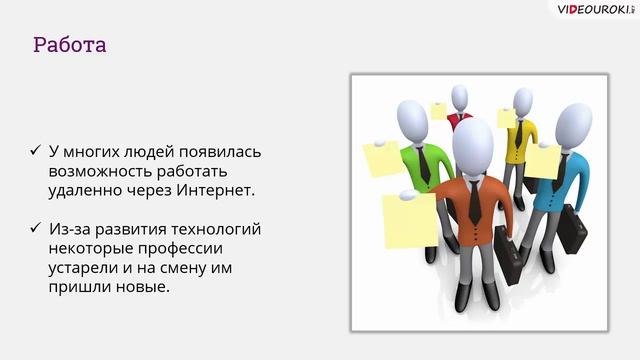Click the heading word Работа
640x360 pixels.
[x=69, y=45]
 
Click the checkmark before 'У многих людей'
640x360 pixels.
[x=36, y=152]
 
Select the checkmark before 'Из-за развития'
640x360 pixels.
[x=36, y=229]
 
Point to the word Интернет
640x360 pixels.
[x=212, y=190]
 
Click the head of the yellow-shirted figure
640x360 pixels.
[x=522, y=101]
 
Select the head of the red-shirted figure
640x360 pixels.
[x=459, y=97]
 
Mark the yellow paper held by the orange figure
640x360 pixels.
[x=410, y=220]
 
